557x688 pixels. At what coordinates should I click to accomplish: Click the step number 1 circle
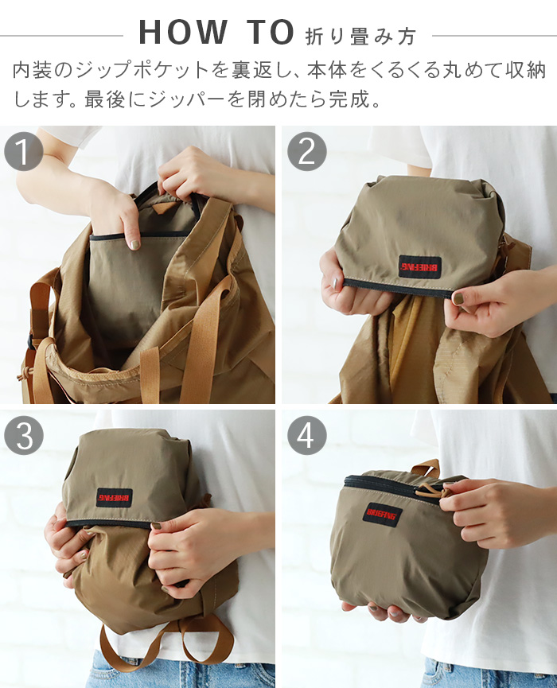point(23,151)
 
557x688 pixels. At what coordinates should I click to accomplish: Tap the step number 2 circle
point(306,151)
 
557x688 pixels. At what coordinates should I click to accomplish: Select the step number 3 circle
point(23,435)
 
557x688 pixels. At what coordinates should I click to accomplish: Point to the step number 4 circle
point(306,435)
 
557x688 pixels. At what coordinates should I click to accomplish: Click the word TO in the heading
point(270,33)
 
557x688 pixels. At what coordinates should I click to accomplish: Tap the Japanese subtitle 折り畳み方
point(360,35)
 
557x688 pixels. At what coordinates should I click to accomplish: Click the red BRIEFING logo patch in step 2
point(420,266)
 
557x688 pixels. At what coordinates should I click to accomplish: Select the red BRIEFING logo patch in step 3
point(114,497)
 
